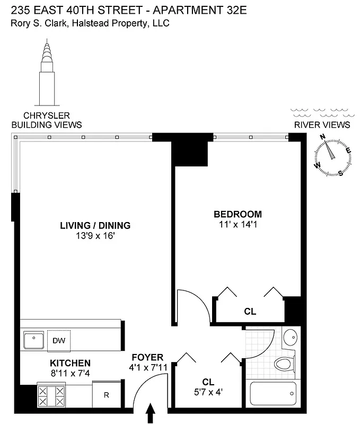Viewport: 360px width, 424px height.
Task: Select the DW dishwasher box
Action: [58, 341]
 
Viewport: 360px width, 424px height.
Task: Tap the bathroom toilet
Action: [285, 365]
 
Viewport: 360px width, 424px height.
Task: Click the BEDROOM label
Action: [238, 214]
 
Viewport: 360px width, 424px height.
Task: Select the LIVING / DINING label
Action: [95, 225]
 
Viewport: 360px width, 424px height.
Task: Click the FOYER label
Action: [148, 357]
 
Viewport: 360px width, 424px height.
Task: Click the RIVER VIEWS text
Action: [321, 125]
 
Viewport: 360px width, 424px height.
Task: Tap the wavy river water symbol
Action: [320, 112]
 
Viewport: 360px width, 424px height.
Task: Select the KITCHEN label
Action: [70, 363]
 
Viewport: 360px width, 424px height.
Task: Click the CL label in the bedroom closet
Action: [250, 312]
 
